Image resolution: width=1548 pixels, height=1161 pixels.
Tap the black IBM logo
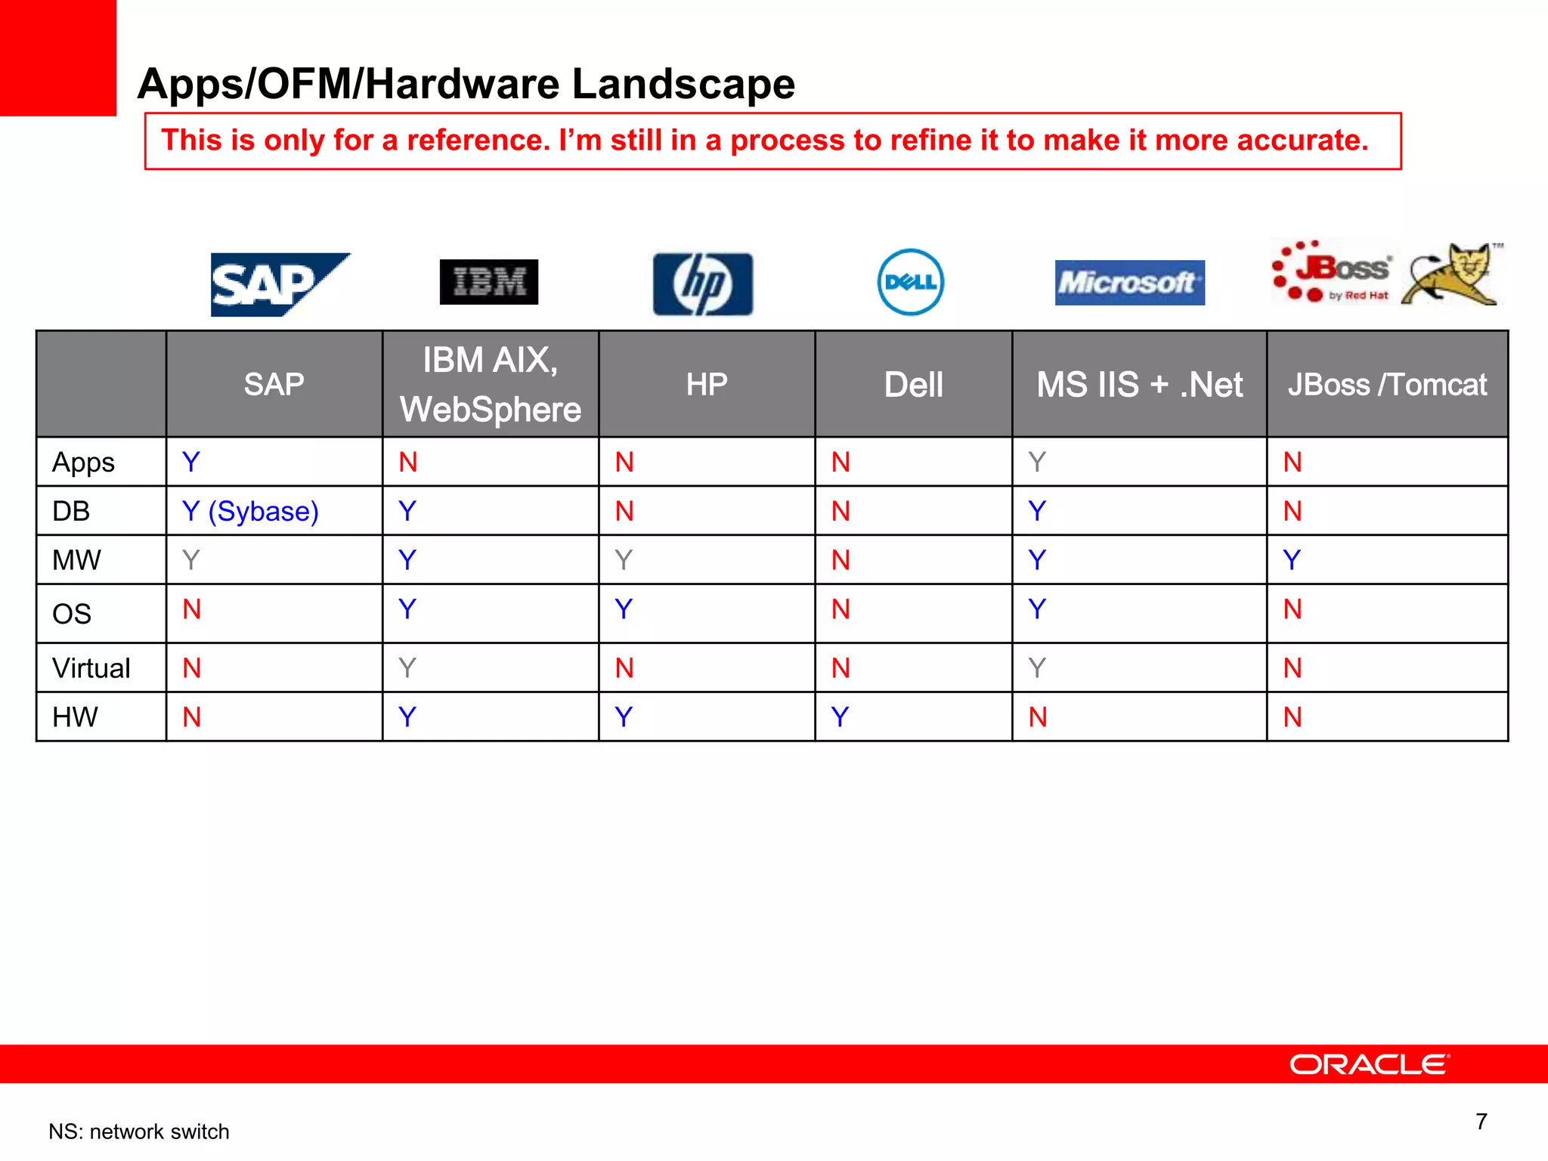489,282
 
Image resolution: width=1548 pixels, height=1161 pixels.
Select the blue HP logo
703,284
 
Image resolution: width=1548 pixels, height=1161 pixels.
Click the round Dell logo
911,282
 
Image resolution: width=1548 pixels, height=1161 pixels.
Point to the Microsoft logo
1129,283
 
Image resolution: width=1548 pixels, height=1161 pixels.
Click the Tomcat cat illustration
1451,275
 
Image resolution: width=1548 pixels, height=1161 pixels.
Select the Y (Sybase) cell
250,512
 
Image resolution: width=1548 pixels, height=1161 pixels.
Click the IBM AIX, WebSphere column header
491,384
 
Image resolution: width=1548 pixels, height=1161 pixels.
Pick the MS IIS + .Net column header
1139,385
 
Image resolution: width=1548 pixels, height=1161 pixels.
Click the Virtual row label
91,668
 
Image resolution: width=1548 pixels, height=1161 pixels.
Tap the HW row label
75,717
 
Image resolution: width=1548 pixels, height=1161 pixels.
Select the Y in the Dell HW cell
840,717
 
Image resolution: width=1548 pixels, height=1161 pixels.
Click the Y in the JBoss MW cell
1292,560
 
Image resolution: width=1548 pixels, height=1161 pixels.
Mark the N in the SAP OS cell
192,609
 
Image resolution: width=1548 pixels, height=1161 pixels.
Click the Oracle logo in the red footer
1369,1064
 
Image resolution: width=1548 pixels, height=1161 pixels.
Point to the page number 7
1481,1121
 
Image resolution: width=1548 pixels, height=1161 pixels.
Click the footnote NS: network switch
139,1132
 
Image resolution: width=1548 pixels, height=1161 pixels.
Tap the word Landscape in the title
683,84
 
